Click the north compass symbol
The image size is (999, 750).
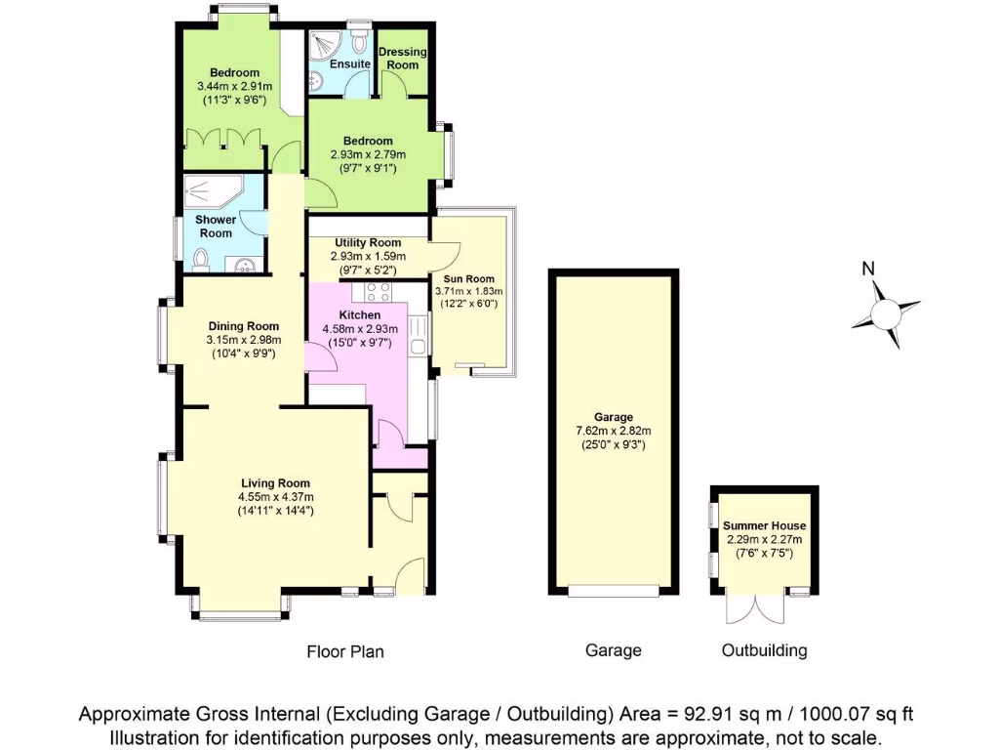pyautogui.click(x=885, y=312)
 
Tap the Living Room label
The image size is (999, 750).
pyautogui.click(x=276, y=482)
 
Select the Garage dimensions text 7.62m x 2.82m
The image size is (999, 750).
pyautogui.click(x=613, y=430)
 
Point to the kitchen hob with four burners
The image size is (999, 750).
pyautogui.click(x=378, y=291)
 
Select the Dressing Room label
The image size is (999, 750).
pyautogui.click(x=402, y=58)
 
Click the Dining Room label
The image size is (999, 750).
pyautogui.click(x=243, y=326)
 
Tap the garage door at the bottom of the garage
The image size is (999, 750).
pyautogui.click(x=613, y=590)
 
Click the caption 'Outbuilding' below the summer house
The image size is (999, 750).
pyautogui.click(x=764, y=650)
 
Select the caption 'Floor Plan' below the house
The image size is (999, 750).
pyautogui.click(x=345, y=651)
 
